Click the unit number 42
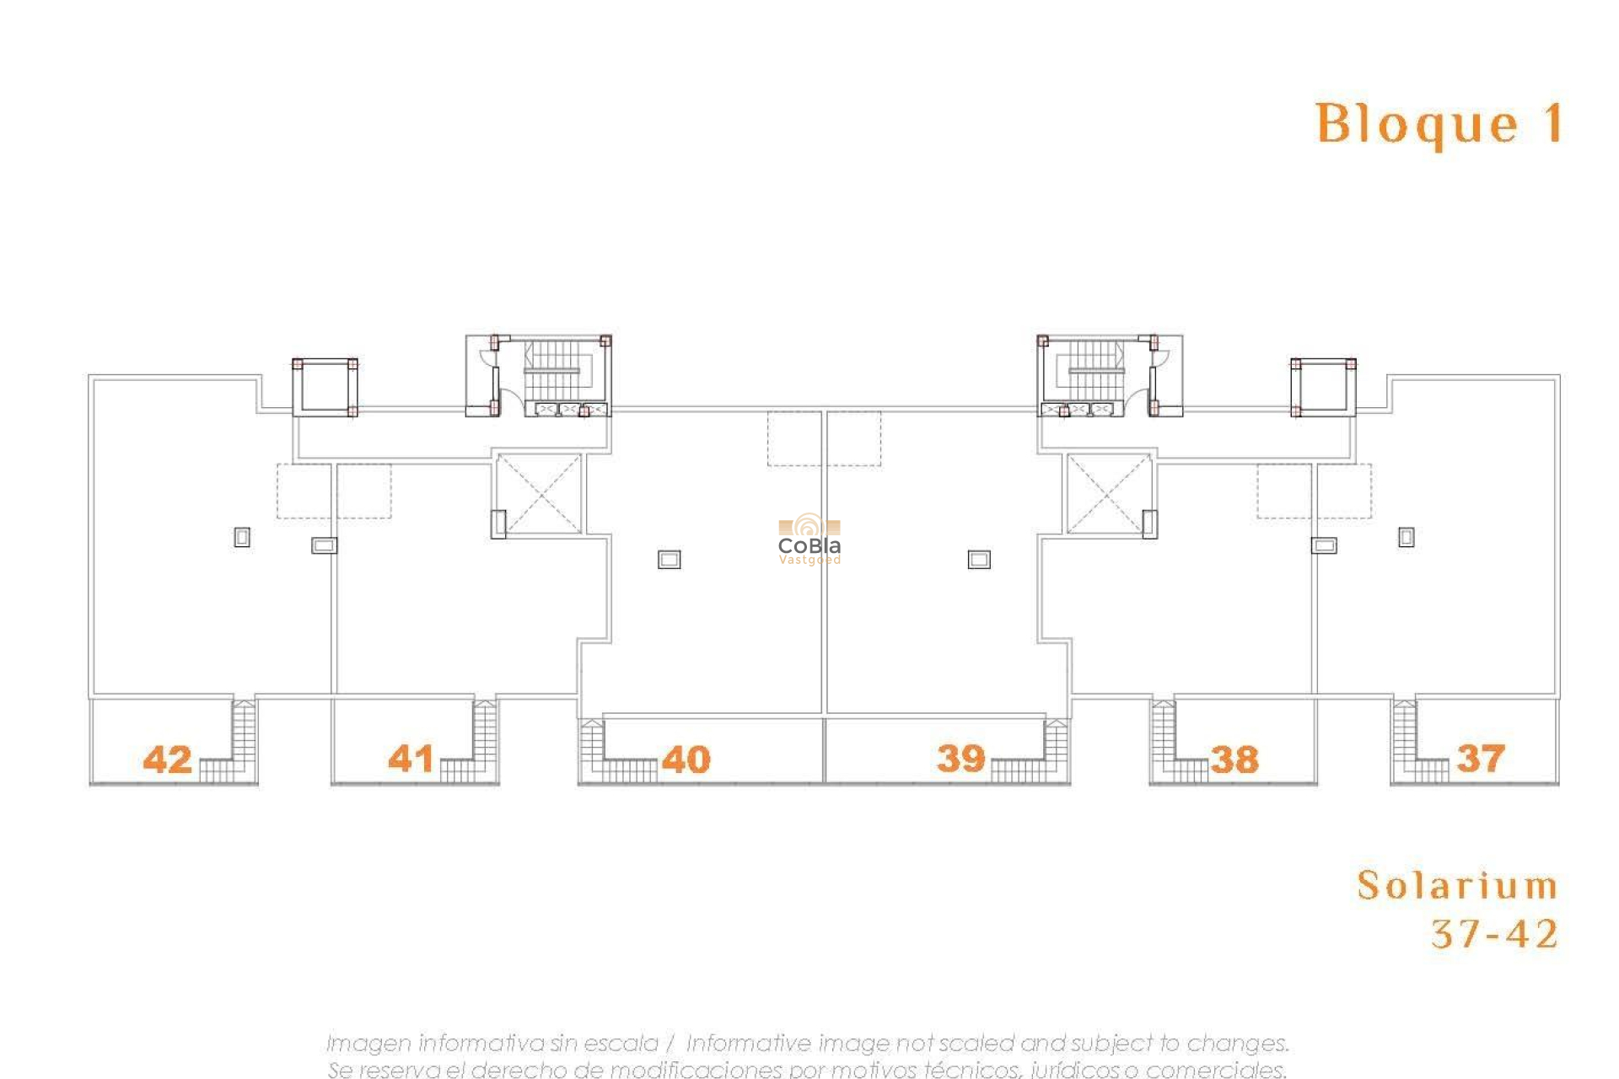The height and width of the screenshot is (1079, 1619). [x=167, y=760]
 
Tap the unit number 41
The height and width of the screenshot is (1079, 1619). [x=411, y=759]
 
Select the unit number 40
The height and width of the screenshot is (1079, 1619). [x=686, y=760]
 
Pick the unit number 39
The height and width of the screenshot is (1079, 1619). [x=960, y=759]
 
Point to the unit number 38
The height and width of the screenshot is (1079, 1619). [x=1234, y=760]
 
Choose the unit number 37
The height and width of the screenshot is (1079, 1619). [x=1480, y=759]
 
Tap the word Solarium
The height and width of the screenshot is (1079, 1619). [x=1457, y=886]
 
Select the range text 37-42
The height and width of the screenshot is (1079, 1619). [x=1494, y=934]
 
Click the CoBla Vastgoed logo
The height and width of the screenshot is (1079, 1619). [x=809, y=539]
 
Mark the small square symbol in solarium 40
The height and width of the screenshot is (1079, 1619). [x=669, y=559]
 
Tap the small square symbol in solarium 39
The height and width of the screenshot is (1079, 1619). [x=979, y=559]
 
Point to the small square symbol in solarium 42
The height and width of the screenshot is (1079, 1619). [x=242, y=537]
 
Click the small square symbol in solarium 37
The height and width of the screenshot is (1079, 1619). [x=1407, y=537]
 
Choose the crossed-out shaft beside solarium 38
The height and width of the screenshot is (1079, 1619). [x=1108, y=494]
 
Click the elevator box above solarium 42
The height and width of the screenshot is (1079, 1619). [x=325, y=387]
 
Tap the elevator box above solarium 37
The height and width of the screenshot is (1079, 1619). [x=1323, y=387]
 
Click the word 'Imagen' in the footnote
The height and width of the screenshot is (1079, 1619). [x=368, y=1044]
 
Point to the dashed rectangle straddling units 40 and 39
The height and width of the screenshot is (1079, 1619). [x=824, y=438]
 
